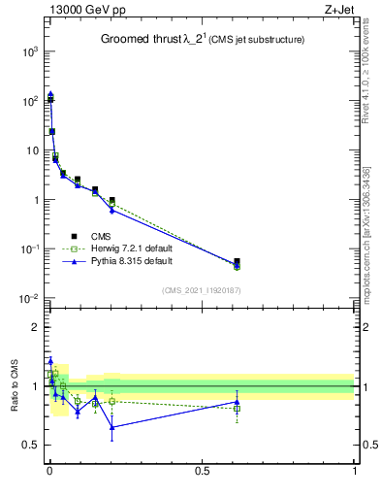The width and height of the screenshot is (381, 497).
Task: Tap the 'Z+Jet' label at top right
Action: click(338, 11)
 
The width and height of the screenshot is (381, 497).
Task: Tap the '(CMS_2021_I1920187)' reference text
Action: click(201, 290)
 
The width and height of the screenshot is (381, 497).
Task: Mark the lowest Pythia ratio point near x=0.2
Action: click(112, 427)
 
